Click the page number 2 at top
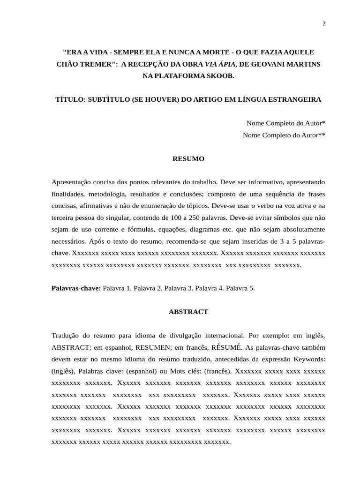tap(323, 24)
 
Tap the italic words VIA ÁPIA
tap(221, 64)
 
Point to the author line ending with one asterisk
tap(285, 123)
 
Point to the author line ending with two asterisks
tap(284, 135)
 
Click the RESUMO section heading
tap(188, 159)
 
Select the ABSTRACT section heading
tap(188, 311)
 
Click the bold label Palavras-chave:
tap(76, 288)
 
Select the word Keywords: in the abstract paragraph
tap(309, 360)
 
